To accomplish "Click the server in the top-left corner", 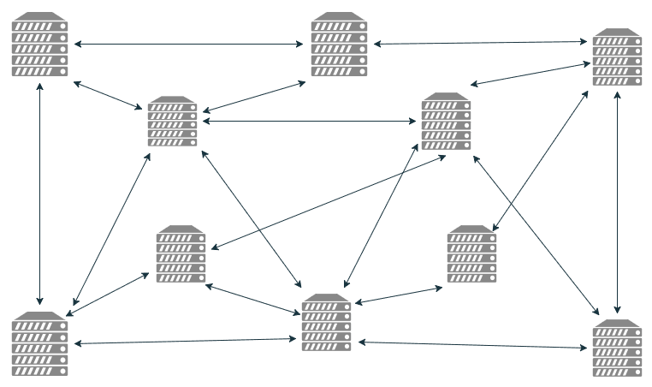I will [x=39, y=45].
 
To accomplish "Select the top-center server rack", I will [x=339, y=45].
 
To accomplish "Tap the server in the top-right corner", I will [x=617, y=57].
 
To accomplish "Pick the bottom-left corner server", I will [x=39, y=344].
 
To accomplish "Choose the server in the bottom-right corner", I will [x=617, y=348].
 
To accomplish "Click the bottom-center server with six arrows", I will [x=327, y=324].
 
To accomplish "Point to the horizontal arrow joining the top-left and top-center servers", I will [x=190, y=44].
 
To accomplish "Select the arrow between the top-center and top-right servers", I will [x=480, y=42].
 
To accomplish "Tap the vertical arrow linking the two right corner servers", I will [x=618, y=202].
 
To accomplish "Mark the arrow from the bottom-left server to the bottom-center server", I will [x=186, y=342].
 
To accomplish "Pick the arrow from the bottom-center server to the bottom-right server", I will [x=473, y=345].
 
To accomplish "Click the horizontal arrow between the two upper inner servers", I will [x=309, y=121].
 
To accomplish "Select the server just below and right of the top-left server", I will [x=172, y=122].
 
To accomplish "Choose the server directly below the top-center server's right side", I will [x=446, y=122].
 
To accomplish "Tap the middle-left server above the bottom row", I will [x=181, y=254].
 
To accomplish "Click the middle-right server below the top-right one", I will [x=471, y=254].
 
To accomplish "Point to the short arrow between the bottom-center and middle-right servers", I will [x=399, y=295].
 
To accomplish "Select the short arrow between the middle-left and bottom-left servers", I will [x=110, y=295].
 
